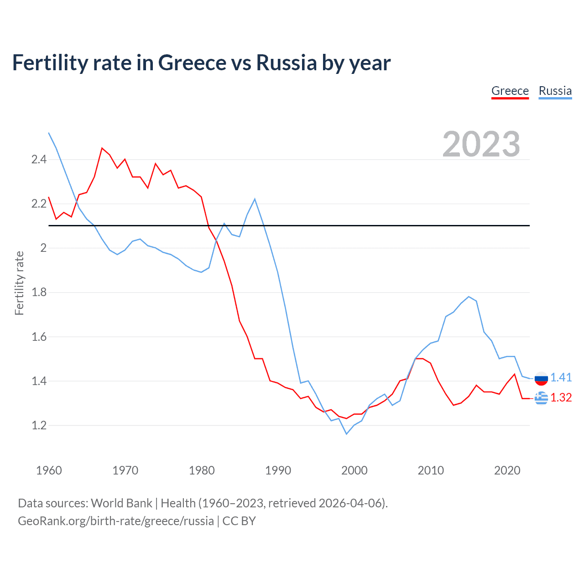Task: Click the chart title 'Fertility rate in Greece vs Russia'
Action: click(x=201, y=63)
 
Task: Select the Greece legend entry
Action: click(x=510, y=91)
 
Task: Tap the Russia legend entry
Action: click(x=555, y=91)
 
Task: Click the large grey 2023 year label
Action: click(x=481, y=144)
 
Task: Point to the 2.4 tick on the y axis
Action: click(x=39, y=159)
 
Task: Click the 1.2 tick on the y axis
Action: click(x=39, y=425)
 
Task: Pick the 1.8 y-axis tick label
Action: click(x=39, y=292)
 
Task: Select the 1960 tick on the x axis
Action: click(x=49, y=470)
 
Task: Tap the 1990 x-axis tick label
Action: click(x=278, y=470)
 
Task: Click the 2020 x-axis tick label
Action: click(x=507, y=470)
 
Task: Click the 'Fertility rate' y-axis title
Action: click(x=19, y=283)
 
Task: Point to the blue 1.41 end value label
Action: click(x=561, y=377)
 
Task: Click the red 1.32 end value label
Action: click(x=561, y=397)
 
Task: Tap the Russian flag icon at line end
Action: click(x=541, y=378)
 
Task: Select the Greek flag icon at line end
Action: click(x=541, y=398)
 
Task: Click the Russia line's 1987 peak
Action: click(x=255, y=199)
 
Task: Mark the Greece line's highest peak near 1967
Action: click(x=102, y=148)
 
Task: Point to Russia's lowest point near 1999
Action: click(x=346, y=434)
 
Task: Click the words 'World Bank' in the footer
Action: click(x=121, y=503)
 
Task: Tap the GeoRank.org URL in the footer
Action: click(x=115, y=521)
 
